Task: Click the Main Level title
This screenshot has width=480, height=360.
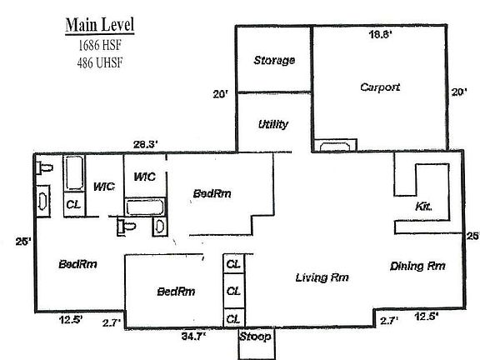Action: click(100, 24)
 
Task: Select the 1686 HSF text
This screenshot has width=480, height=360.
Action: click(100, 45)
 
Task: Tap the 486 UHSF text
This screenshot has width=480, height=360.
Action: click(100, 62)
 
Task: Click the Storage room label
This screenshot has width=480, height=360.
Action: click(274, 60)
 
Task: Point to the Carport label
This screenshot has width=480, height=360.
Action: click(380, 87)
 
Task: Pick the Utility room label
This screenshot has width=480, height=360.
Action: click(273, 124)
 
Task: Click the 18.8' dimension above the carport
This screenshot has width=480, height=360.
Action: click(380, 34)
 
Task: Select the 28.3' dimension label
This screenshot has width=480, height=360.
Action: click(146, 144)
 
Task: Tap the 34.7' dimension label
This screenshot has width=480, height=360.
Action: click(193, 337)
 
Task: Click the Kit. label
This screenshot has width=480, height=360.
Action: click(423, 207)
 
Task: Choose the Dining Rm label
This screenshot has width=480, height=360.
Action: click(417, 266)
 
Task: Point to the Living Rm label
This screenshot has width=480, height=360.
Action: click(322, 277)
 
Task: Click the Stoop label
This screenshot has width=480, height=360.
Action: click(255, 336)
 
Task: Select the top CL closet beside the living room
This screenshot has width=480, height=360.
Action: click(233, 264)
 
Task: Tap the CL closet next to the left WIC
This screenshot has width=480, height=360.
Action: click(73, 204)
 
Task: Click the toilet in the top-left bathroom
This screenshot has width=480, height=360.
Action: click(45, 168)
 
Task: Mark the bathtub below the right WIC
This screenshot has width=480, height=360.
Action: click(144, 207)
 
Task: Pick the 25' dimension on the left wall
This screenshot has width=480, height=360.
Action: click(23, 242)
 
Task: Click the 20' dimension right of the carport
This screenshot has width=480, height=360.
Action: click(459, 92)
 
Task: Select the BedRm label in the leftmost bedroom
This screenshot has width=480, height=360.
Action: click(77, 264)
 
